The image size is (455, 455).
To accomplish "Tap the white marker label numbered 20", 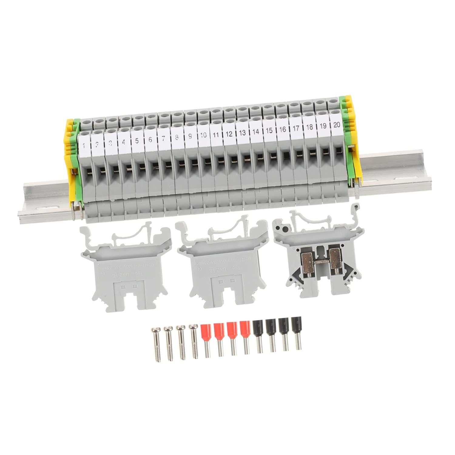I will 336,124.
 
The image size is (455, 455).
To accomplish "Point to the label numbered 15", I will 269,130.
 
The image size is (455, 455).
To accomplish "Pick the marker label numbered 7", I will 163,138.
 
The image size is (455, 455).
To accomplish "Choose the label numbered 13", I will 243,132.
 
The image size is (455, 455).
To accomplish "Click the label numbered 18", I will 309,127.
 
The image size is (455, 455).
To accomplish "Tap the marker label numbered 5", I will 137,140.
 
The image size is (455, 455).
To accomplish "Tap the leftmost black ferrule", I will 258,338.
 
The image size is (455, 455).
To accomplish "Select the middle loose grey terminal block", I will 223,264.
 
